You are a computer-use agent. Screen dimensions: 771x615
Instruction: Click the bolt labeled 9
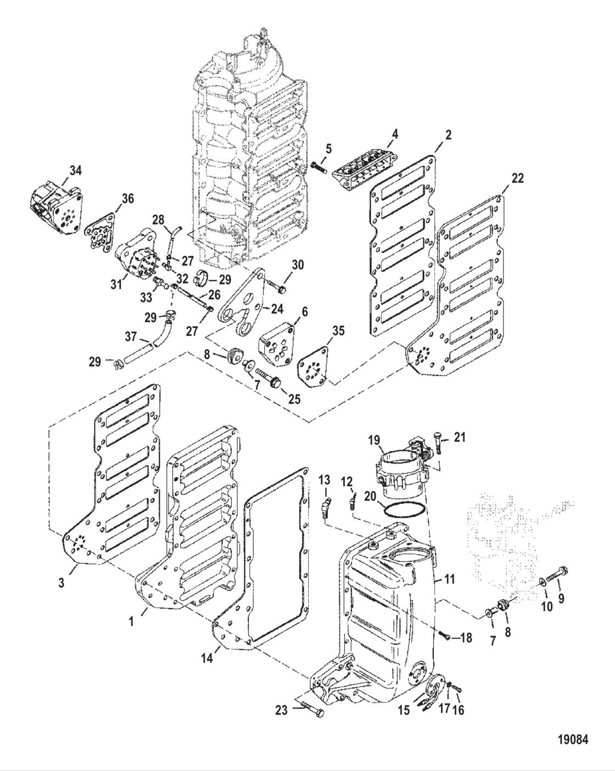point(557,571)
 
